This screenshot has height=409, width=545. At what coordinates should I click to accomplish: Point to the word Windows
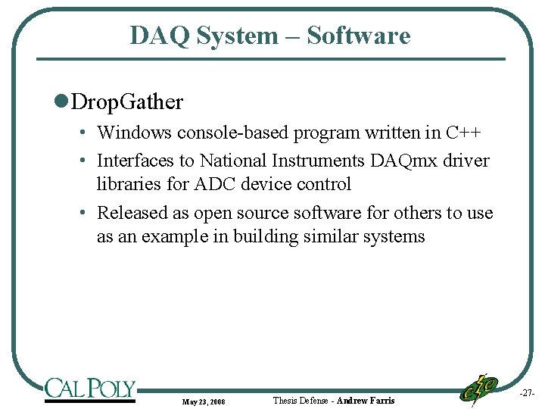[135, 133]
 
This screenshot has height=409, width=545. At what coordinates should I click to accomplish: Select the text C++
[462, 133]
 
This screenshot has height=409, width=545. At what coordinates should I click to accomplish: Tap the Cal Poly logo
[90, 389]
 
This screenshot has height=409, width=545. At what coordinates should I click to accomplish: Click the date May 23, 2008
[203, 401]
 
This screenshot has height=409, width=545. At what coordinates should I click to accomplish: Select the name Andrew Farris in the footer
[366, 400]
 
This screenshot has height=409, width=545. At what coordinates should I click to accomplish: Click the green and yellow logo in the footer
[479, 389]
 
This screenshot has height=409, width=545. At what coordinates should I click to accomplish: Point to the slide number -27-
[527, 394]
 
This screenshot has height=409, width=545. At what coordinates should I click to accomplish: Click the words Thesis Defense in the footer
[301, 400]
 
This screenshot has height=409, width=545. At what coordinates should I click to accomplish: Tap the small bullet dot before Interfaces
[86, 161]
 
